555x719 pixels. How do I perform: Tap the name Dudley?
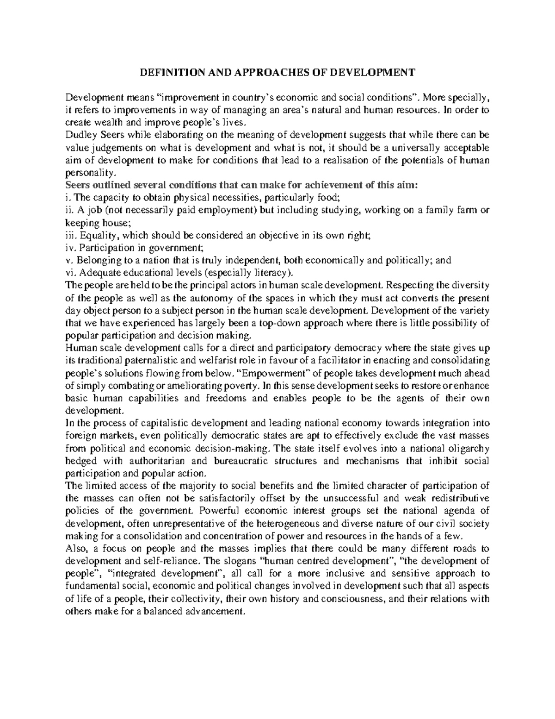80,135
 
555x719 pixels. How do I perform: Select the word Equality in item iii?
91,235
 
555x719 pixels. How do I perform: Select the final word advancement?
211,611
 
